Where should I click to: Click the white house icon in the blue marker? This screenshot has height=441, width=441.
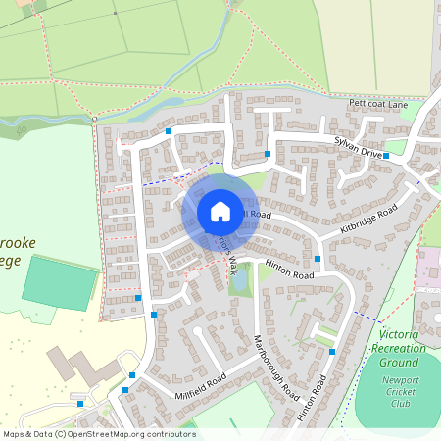(220, 212)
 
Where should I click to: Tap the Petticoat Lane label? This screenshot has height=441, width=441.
(377, 103)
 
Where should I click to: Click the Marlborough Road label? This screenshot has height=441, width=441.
(274, 366)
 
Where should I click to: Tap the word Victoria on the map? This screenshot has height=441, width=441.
(400, 335)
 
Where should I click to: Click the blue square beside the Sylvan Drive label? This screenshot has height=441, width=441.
(387, 155)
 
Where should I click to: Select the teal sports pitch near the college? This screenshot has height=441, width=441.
(60, 282)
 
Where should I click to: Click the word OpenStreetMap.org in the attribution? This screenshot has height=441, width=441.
(110, 434)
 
